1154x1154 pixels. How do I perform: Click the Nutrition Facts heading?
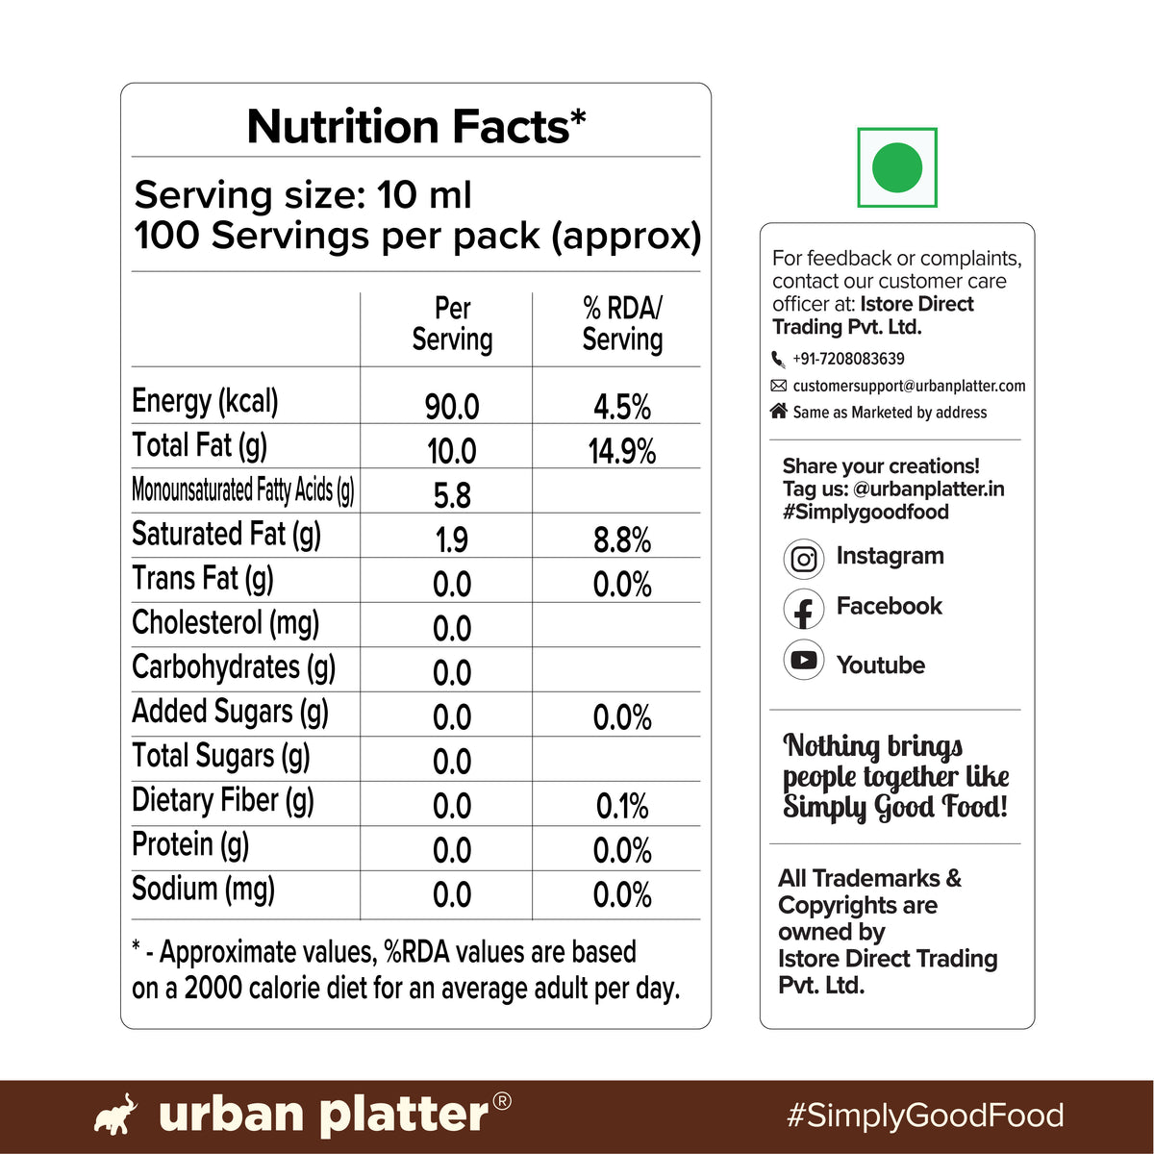[x=415, y=126]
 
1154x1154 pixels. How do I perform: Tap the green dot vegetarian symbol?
[x=896, y=167]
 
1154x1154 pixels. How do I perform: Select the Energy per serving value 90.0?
[x=452, y=407]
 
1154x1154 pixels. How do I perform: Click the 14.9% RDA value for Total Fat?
[x=621, y=451]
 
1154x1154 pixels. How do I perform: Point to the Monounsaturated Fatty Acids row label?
[x=243, y=490]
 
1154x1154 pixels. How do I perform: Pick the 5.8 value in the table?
[x=452, y=496]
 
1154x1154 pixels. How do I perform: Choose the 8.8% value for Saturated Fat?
[x=622, y=539]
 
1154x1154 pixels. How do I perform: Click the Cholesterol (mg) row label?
[x=225, y=623]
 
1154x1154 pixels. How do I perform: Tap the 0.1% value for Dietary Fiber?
[x=622, y=806]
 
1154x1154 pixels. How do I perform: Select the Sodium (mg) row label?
[x=203, y=890]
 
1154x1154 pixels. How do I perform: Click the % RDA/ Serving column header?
[x=622, y=324]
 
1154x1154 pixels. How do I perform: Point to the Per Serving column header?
[x=452, y=324]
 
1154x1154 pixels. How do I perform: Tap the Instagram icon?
[x=804, y=559]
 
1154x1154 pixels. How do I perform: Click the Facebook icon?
[x=804, y=609]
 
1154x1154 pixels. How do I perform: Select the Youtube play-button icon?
[x=804, y=660]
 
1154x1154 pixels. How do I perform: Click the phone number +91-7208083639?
[x=848, y=359]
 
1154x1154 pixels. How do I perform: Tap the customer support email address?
[x=909, y=386]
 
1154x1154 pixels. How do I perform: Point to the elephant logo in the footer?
[x=115, y=1114]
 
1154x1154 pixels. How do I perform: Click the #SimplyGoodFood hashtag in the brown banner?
[x=925, y=1116]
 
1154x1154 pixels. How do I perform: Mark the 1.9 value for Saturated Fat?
[x=452, y=539]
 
